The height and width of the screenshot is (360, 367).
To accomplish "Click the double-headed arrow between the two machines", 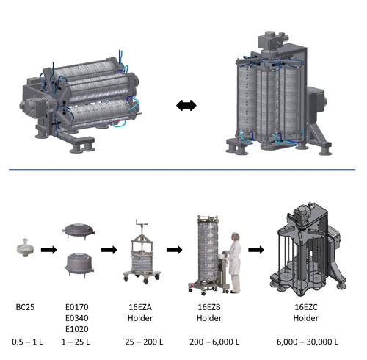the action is [x=186, y=106].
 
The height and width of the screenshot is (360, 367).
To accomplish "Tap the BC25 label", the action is [x=25, y=307].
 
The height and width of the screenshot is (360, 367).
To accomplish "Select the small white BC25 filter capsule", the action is [x=25, y=248].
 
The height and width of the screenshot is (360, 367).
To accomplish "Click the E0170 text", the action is [x=77, y=307].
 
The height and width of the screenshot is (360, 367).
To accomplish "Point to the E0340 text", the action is [x=77, y=318].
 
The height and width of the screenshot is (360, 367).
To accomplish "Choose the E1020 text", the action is [x=77, y=329].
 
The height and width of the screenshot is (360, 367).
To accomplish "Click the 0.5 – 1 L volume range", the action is [x=27, y=342].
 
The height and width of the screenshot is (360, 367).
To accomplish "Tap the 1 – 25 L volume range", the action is [x=76, y=342].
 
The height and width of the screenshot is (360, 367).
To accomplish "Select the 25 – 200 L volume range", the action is [x=144, y=342].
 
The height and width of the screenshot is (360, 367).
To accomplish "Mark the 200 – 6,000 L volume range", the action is [x=214, y=342].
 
